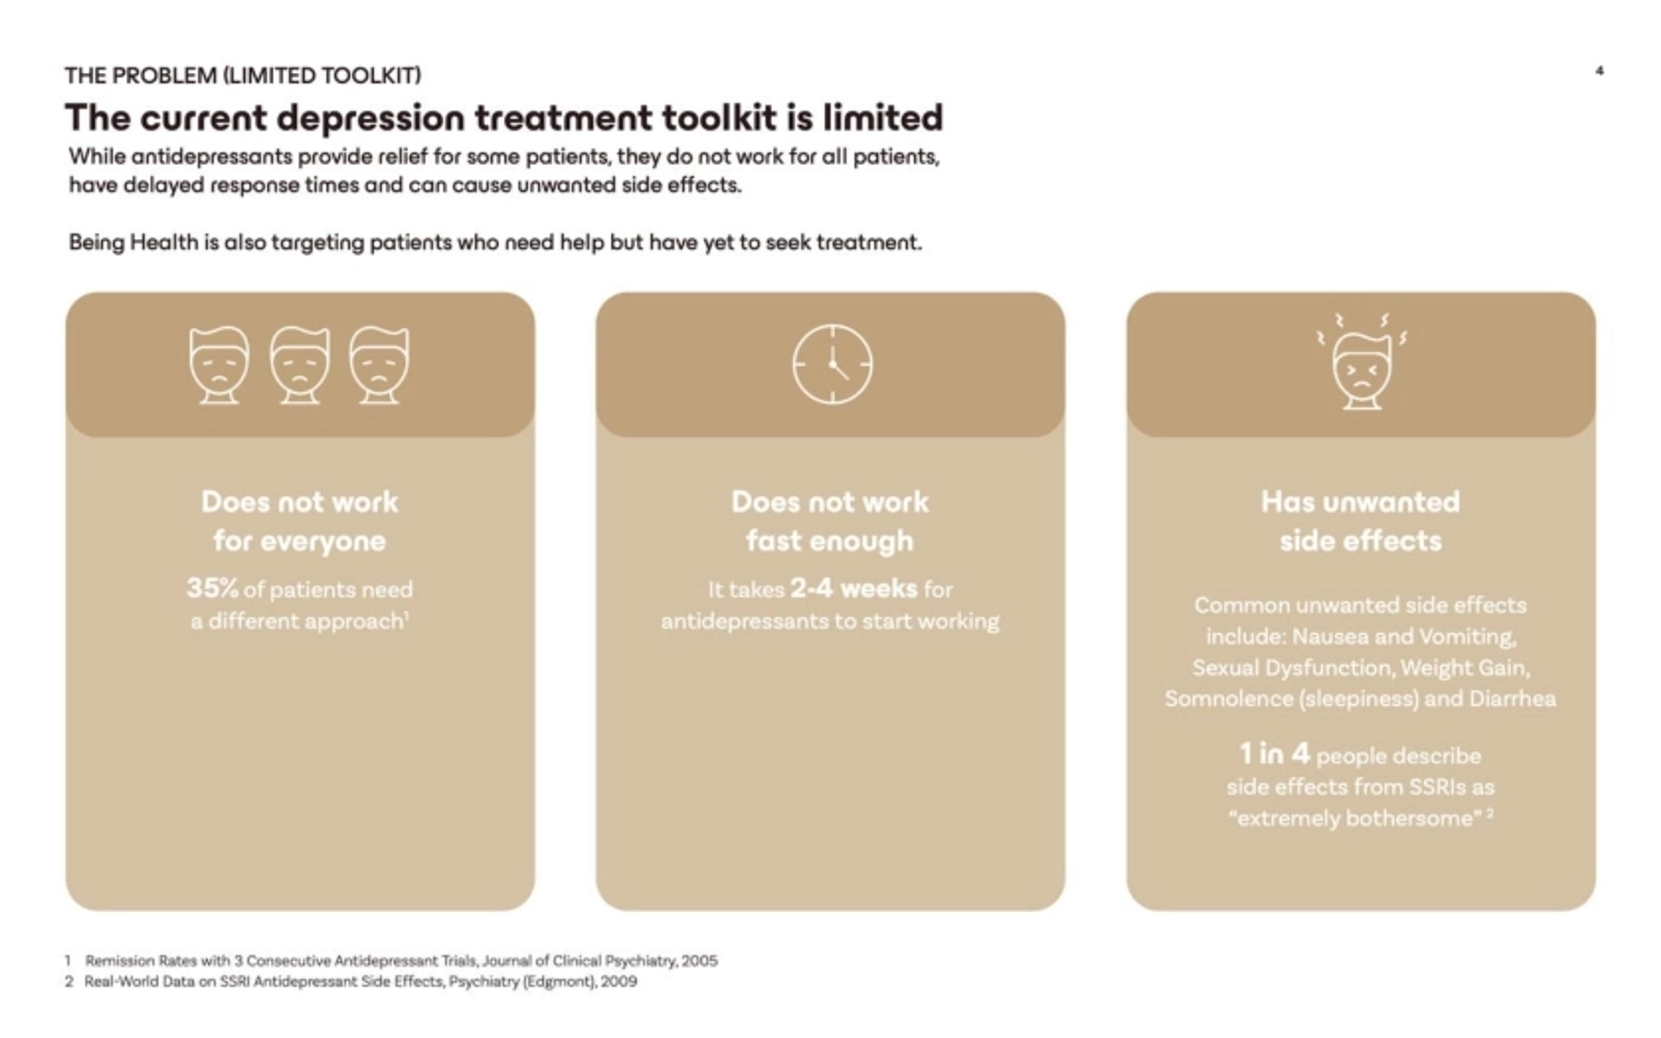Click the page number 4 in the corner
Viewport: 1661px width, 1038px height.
(x=1599, y=70)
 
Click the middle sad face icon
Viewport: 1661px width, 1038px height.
(x=300, y=365)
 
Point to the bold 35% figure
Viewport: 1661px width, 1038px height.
(x=212, y=588)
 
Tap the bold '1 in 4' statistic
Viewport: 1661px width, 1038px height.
(x=1274, y=754)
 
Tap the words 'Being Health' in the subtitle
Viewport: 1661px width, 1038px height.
(x=133, y=242)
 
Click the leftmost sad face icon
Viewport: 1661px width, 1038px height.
(x=219, y=365)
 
